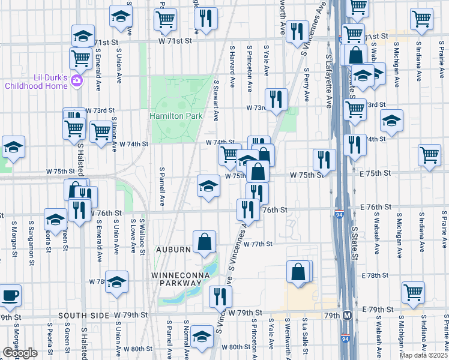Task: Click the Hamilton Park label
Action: point(176,115)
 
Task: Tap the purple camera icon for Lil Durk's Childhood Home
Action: point(76,80)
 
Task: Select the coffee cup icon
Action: point(10,295)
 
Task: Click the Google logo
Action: point(20,353)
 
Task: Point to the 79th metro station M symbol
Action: point(347,315)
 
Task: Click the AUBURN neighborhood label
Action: point(174,249)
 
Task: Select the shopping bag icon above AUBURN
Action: point(204,242)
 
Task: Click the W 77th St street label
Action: point(259,244)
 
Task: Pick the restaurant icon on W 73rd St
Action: point(276,99)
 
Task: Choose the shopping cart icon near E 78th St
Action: point(413,292)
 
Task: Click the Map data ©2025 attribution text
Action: point(423,355)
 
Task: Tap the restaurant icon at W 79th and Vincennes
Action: point(220,296)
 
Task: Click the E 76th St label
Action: point(376,206)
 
